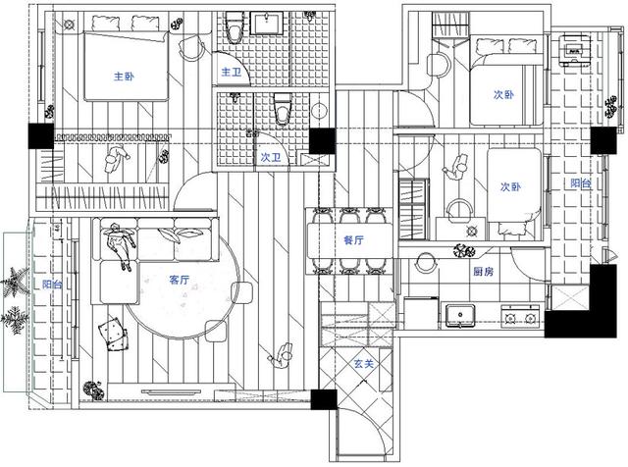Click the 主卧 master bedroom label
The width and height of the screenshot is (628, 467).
click(124, 77)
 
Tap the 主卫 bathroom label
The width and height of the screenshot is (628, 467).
click(232, 72)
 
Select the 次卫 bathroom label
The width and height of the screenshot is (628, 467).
click(271, 157)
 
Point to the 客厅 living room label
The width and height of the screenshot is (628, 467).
click(179, 280)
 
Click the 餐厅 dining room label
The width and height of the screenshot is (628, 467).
click(353, 240)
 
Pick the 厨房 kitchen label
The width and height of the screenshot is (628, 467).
click(484, 272)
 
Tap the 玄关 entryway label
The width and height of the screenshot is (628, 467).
click(364, 364)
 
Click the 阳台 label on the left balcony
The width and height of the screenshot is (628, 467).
click(52, 285)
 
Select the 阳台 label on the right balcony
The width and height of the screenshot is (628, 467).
click(581, 183)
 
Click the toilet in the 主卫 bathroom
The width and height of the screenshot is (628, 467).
click(234, 27)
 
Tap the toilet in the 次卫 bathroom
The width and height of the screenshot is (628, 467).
click(283, 108)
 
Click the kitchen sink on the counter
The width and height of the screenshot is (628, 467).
click(460, 315)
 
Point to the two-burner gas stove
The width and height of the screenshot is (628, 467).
click(520, 315)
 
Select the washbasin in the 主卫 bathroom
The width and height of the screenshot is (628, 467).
click(267, 24)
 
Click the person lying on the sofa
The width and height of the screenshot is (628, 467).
click(120, 244)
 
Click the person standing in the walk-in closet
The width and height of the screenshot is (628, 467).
click(116, 158)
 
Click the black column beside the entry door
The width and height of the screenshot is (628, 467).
click(324, 399)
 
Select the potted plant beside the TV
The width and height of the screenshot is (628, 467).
click(94, 390)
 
